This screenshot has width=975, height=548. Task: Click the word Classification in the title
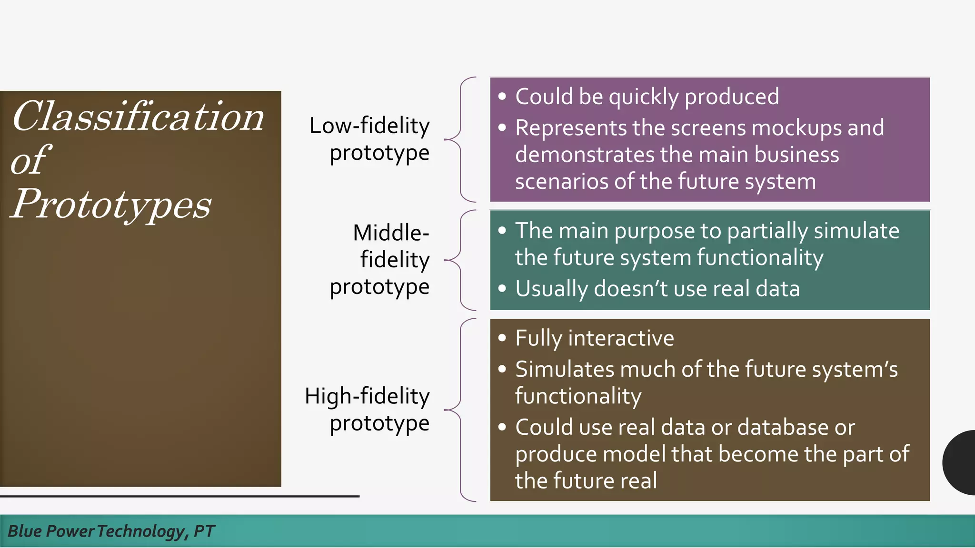click(138, 117)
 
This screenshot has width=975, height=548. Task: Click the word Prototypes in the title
click(110, 205)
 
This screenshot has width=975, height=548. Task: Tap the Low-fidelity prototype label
click(369, 139)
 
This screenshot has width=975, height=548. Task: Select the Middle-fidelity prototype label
click(380, 260)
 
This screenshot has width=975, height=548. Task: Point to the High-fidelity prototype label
click(368, 409)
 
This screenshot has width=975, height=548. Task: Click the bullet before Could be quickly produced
click(502, 97)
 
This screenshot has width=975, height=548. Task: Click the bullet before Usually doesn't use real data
click(502, 288)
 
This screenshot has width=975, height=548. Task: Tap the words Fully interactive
click(595, 338)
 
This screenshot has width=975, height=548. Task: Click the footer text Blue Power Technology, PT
click(111, 531)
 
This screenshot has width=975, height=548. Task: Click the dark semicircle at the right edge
click(960, 462)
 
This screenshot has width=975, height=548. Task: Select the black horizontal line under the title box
click(179, 496)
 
